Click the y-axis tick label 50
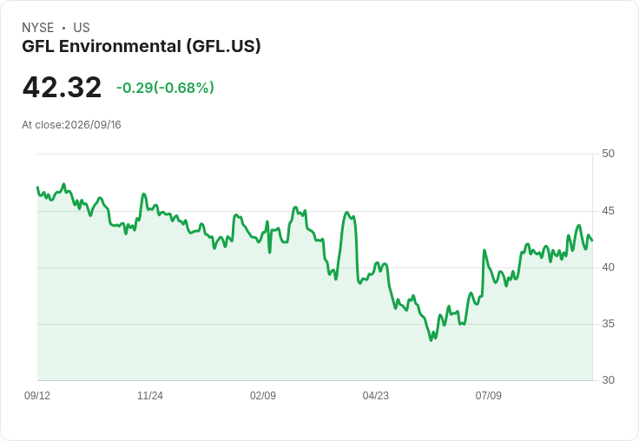tap(608, 154)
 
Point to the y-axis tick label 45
tap(608, 211)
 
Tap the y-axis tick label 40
tap(608, 267)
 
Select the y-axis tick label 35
tap(608, 324)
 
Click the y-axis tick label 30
tap(608, 380)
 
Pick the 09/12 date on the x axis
tap(37, 396)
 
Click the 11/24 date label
tap(150, 396)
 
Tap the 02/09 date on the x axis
tap(263, 396)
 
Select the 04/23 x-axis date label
tap(375, 396)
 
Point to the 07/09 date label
tap(488, 396)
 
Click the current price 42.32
tap(62, 87)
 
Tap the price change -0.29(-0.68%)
tap(165, 88)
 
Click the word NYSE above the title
tap(38, 28)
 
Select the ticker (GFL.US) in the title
tap(224, 46)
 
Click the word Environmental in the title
tap(120, 46)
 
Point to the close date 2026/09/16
tap(93, 125)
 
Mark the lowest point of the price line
tap(431, 340)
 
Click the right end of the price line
tap(592, 240)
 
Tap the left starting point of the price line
tap(37, 188)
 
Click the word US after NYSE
tap(82, 28)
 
